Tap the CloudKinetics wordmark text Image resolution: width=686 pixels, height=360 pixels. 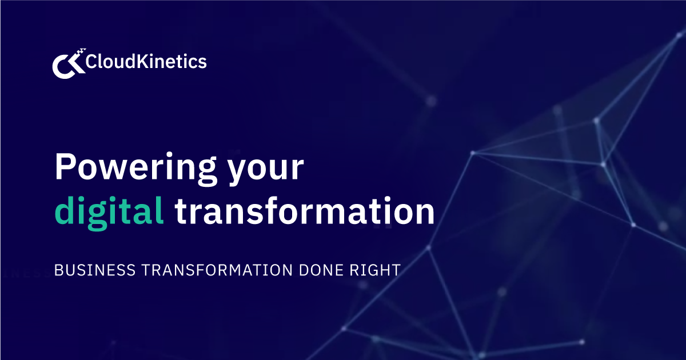[146, 62]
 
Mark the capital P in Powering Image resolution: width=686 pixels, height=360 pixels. [66, 167]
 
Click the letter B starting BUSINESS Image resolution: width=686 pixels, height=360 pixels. [58, 270]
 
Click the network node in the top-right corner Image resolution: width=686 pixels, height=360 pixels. [680, 35]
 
